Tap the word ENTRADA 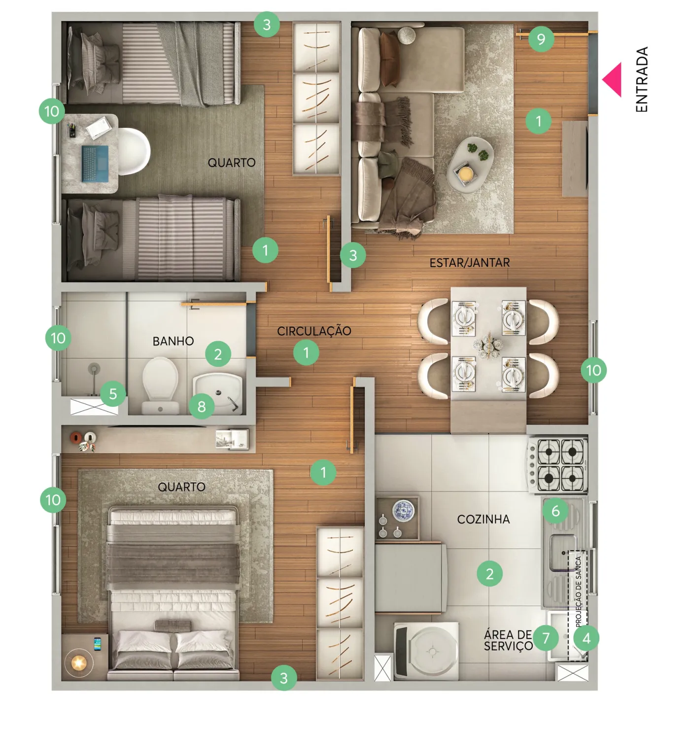tap(642, 79)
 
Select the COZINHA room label tap(483, 520)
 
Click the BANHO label tap(173, 341)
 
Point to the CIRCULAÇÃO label tap(314, 331)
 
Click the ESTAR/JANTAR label tap(470, 263)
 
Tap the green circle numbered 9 tap(541, 39)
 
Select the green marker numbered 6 tap(555, 511)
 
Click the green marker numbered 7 tap(546, 638)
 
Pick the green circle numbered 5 tap(113, 394)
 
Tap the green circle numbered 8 tap(202, 407)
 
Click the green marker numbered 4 tap(586, 638)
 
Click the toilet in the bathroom tap(160, 385)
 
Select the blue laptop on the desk tap(95, 164)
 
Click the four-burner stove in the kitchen tap(557, 465)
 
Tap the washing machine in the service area tap(426, 651)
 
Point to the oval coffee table tap(470, 164)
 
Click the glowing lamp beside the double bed tap(78, 663)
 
